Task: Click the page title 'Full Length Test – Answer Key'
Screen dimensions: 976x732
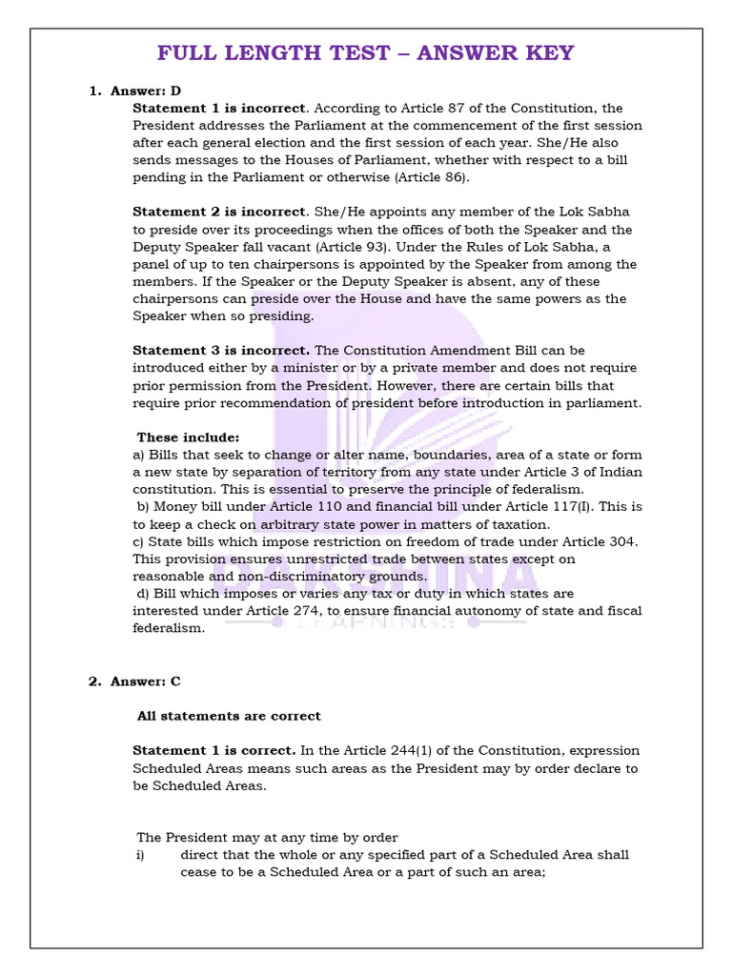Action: click(x=365, y=52)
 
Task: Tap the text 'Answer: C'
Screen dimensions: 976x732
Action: click(x=145, y=681)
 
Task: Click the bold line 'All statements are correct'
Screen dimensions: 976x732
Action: click(x=229, y=716)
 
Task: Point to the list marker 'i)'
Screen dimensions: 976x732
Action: click(x=139, y=855)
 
